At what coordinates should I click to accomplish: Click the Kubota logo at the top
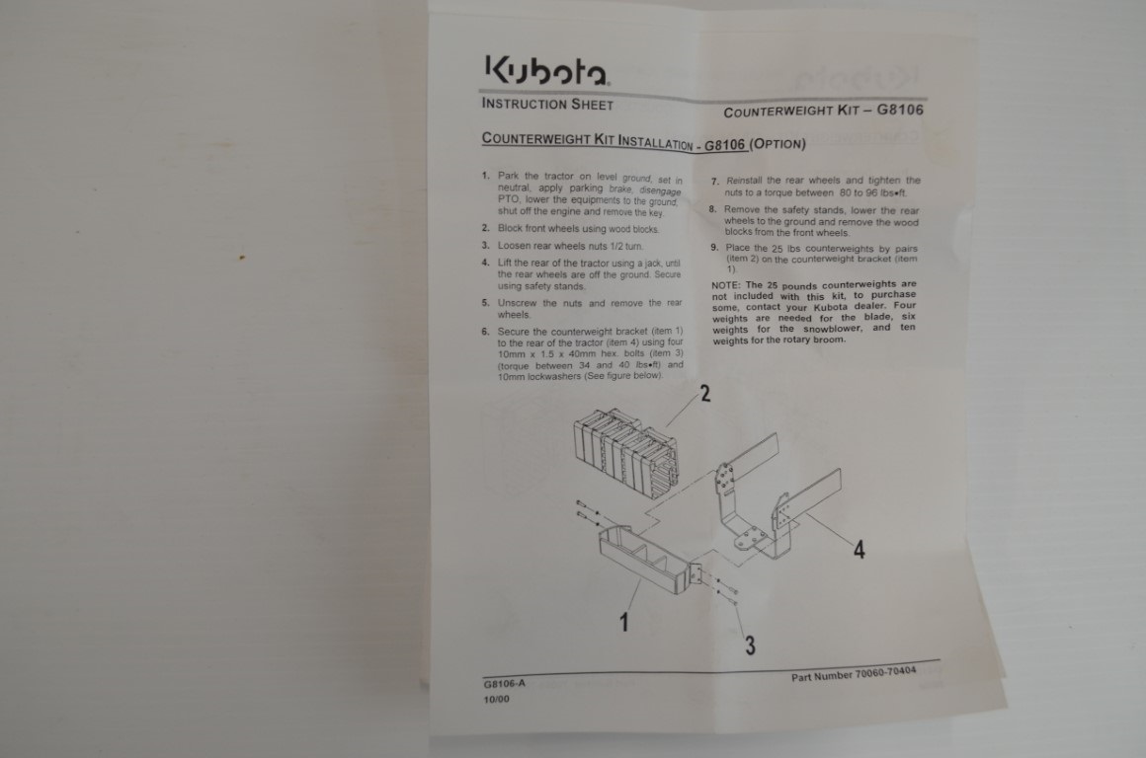[546, 71]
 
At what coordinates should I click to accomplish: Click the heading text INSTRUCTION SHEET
[547, 104]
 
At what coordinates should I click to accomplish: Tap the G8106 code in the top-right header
[900, 110]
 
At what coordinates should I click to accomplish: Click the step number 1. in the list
[486, 176]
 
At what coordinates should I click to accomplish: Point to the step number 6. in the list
[486, 332]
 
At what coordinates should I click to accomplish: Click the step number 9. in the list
[715, 247]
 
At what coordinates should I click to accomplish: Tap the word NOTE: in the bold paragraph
[726, 285]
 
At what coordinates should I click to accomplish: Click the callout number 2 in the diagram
[705, 394]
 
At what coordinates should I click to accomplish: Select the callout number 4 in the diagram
[859, 549]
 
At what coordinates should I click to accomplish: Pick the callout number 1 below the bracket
[623, 622]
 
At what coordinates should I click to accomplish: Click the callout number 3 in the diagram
[750, 644]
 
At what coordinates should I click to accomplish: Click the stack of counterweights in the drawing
[626, 453]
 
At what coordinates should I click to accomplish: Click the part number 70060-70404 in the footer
[885, 672]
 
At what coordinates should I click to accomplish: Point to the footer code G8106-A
[504, 684]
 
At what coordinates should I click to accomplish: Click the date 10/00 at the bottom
[496, 699]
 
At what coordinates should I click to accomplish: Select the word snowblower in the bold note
[833, 329]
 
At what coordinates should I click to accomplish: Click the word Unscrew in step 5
[518, 303]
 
